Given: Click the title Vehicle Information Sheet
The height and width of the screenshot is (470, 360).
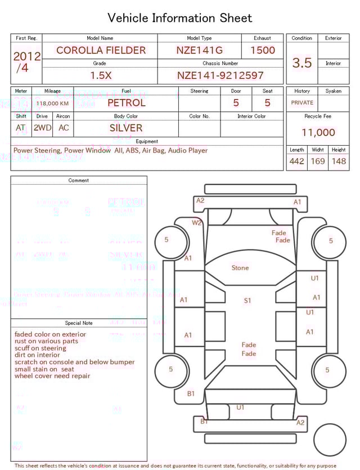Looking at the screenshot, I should click(x=180, y=18).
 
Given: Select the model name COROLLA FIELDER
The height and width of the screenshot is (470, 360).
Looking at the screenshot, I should click(x=101, y=50).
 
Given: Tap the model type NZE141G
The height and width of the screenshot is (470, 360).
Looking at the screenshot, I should click(x=199, y=50).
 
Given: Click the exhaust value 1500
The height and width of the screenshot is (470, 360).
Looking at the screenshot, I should click(x=263, y=50).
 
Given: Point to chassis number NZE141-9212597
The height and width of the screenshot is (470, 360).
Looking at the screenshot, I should click(x=220, y=75).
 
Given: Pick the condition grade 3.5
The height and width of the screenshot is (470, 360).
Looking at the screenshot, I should click(x=302, y=63).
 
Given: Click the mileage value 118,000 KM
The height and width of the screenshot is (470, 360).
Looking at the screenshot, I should click(x=52, y=104).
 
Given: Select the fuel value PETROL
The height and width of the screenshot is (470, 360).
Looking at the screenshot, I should click(x=127, y=103).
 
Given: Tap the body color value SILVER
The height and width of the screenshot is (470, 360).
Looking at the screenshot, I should click(x=126, y=128).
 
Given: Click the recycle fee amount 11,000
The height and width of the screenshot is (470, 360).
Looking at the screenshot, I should click(x=318, y=133).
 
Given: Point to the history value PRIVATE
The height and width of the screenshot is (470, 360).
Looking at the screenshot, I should click(x=302, y=103).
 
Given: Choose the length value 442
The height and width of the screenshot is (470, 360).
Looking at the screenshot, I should click(x=297, y=162).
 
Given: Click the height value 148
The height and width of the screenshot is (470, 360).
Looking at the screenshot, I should click(x=339, y=162).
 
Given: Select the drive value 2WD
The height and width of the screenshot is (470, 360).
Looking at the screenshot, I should click(x=42, y=128).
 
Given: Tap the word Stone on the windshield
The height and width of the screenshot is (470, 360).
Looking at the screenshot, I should click(x=240, y=268).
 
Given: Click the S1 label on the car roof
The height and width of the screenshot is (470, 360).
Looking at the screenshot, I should click(x=247, y=301).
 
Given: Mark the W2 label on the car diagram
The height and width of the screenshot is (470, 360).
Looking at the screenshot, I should click(x=197, y=222).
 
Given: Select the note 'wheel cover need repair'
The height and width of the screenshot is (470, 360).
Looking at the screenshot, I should click(x=52, y=376).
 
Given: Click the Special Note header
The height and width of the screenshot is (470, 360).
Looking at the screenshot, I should click(x=79, y=323).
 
